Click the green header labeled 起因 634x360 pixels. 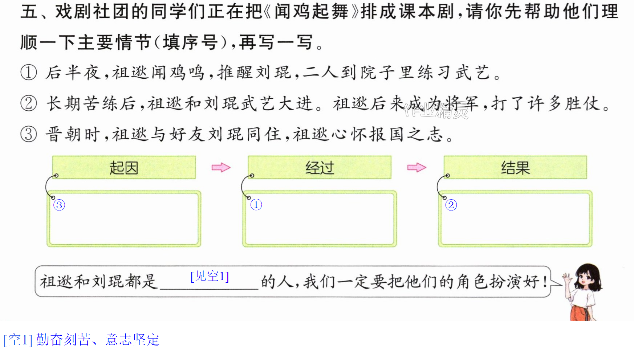pyautogui.click(x=124, y=167)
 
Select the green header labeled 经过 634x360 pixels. pyautogui.click(x=320, y=167)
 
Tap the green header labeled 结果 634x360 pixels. pyautogui.click(x=515, y=167)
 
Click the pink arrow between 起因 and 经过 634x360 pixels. pyautogui.click(x=221, y=167)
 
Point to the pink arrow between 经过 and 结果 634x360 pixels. pyautogui.click(x=417, y=167)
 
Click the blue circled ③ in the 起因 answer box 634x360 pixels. pyautogui.click(x=59, y=205)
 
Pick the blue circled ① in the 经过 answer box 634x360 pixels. pyautogui.click(x=256, y=205)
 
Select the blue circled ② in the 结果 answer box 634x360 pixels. pyautogui.click(x=451, y=205)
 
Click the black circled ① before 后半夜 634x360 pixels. pyautogui.click(x=29, y=72)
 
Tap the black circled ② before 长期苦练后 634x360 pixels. pyautogui.click(x=29, y=103)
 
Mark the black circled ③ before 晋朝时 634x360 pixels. pyautogui.click(x=29, y=134)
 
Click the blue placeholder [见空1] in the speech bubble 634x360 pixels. pyautogui.click(x=210, y=277)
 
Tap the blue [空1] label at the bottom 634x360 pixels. pyautogui.click(x=18, y=340)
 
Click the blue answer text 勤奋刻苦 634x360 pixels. pyautogui.click(x=63, y=340)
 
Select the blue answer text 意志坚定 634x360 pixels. pyautogui.click(x=132, y=340)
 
